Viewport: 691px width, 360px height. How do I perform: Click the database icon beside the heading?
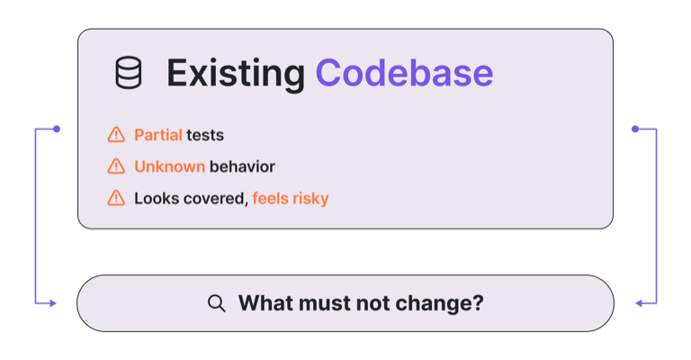[x=129, y=73]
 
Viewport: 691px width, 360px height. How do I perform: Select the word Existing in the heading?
[x=236, y=74]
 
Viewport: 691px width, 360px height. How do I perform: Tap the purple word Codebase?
[x=404, y=73]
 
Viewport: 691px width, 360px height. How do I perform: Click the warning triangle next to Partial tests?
[x=116, y=134]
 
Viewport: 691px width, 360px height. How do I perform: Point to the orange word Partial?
[x=158, y=135]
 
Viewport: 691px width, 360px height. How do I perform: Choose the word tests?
[x=205, y=135]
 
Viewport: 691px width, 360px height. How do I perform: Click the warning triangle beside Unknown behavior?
[x=116, y=166]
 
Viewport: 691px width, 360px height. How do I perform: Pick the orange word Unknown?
[x=170, y=166]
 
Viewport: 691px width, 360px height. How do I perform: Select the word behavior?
[x=242, y=166]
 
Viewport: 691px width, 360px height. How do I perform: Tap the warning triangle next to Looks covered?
[x=116, y=198]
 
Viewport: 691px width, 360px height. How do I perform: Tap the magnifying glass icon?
[x=216, y=303]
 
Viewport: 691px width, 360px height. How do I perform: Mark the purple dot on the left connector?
[x=57, y=129]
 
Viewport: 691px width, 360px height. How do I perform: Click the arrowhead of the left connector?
[x=53, y=303]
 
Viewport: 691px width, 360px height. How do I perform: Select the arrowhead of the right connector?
[x=639, y=303]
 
